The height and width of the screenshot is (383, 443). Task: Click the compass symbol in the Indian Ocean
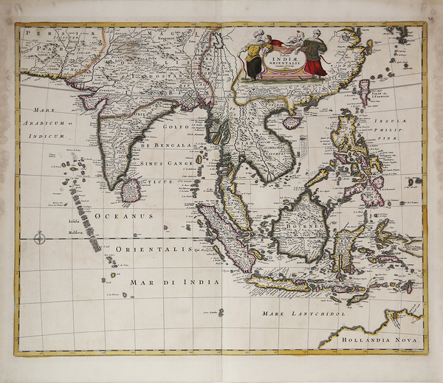(x=38, y=237)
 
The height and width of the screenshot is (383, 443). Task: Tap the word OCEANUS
(x=123, y=216)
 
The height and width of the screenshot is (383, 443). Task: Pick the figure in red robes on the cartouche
(x=316, y=58)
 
